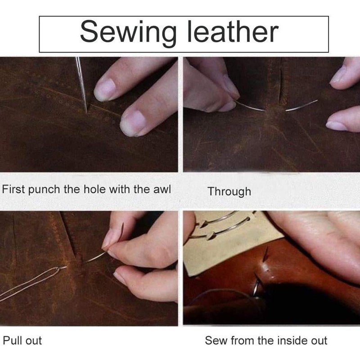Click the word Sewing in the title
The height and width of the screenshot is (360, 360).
click(128, 32)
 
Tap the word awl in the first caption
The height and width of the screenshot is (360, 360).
click(163, 189)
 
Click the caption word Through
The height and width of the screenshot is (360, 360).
click(229, 192)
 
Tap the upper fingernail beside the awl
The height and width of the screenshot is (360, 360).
click(105, 89)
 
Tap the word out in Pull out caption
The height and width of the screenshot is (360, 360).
click(33, 341)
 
